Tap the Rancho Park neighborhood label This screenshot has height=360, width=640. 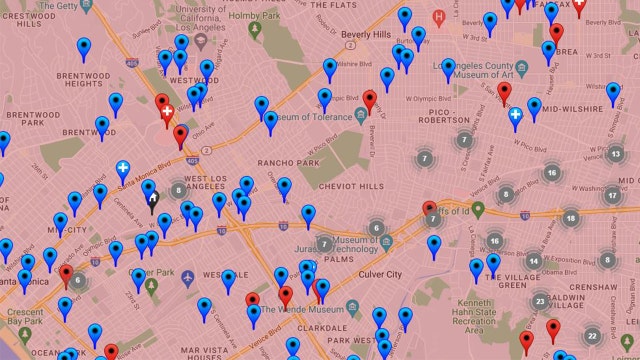(287, 163)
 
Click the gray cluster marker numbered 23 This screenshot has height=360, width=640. (540, 300)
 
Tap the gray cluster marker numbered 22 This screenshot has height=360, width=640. (592, 336)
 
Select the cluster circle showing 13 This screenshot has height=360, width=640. (616, 153)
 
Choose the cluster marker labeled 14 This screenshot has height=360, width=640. (534, 261)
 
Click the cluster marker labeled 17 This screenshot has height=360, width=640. (611, 195)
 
